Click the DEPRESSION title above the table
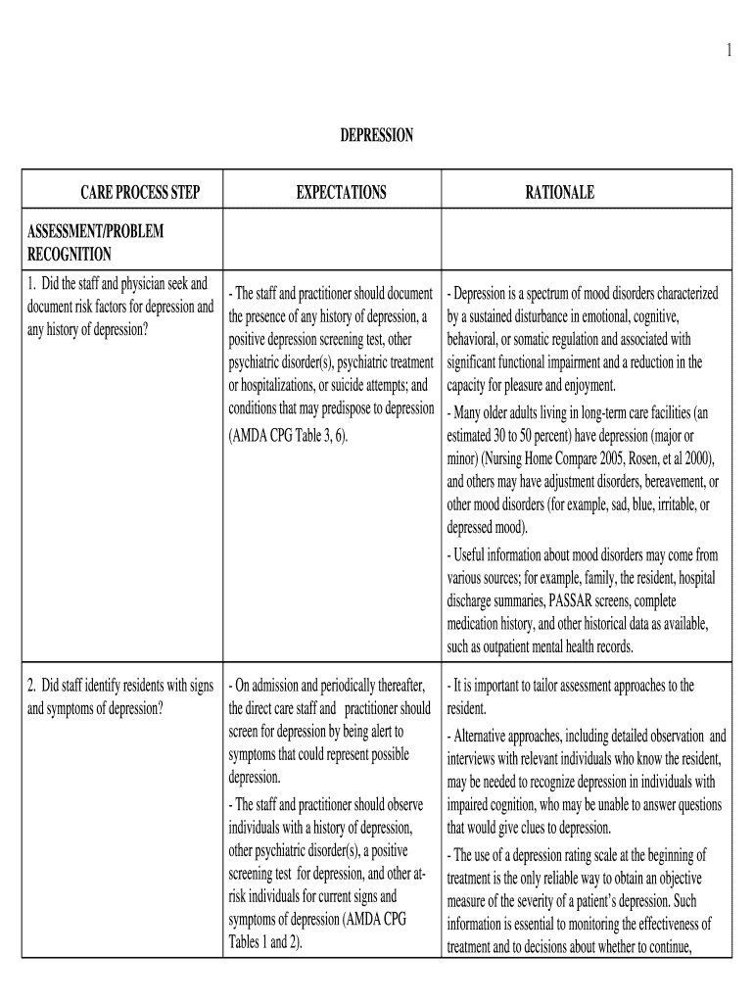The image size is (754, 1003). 376,136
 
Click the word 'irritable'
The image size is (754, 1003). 662,504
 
